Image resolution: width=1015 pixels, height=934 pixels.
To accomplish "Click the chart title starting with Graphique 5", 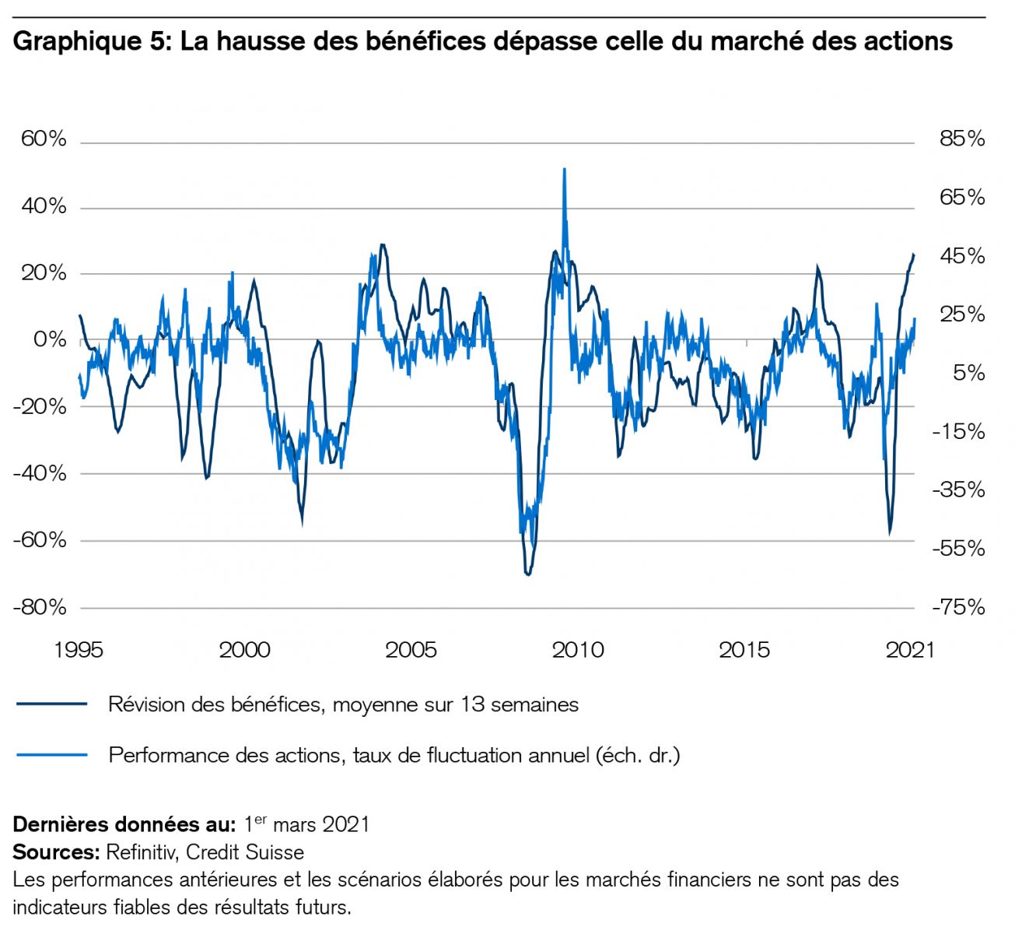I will point(482,40).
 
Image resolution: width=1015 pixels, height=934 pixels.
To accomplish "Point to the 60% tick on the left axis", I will point(44,139).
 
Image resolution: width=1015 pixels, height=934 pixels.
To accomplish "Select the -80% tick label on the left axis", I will point(40,607).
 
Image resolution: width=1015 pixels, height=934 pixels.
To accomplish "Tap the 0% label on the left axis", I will point(50,340).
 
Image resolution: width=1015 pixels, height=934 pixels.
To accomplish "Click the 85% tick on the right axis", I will point(962,139).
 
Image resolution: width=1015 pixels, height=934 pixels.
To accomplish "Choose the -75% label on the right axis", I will point(958,607).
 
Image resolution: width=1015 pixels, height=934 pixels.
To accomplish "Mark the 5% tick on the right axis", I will point(968,373).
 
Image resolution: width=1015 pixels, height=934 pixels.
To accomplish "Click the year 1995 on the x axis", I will point(79,650).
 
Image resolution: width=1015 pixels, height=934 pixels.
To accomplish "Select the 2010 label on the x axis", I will point(578,650).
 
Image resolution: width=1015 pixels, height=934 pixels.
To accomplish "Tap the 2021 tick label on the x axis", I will point(910,650).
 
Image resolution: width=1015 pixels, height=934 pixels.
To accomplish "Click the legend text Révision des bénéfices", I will point(343,705).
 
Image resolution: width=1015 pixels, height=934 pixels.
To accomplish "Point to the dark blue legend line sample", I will point(51,704).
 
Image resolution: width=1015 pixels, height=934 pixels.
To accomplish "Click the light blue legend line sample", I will point(51,754).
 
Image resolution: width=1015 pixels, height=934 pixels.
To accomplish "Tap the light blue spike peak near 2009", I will point(564,169).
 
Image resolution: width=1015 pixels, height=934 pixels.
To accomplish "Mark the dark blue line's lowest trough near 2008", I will point(528,574).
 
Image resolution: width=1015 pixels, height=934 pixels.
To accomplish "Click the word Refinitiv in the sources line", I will point(140,852).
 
